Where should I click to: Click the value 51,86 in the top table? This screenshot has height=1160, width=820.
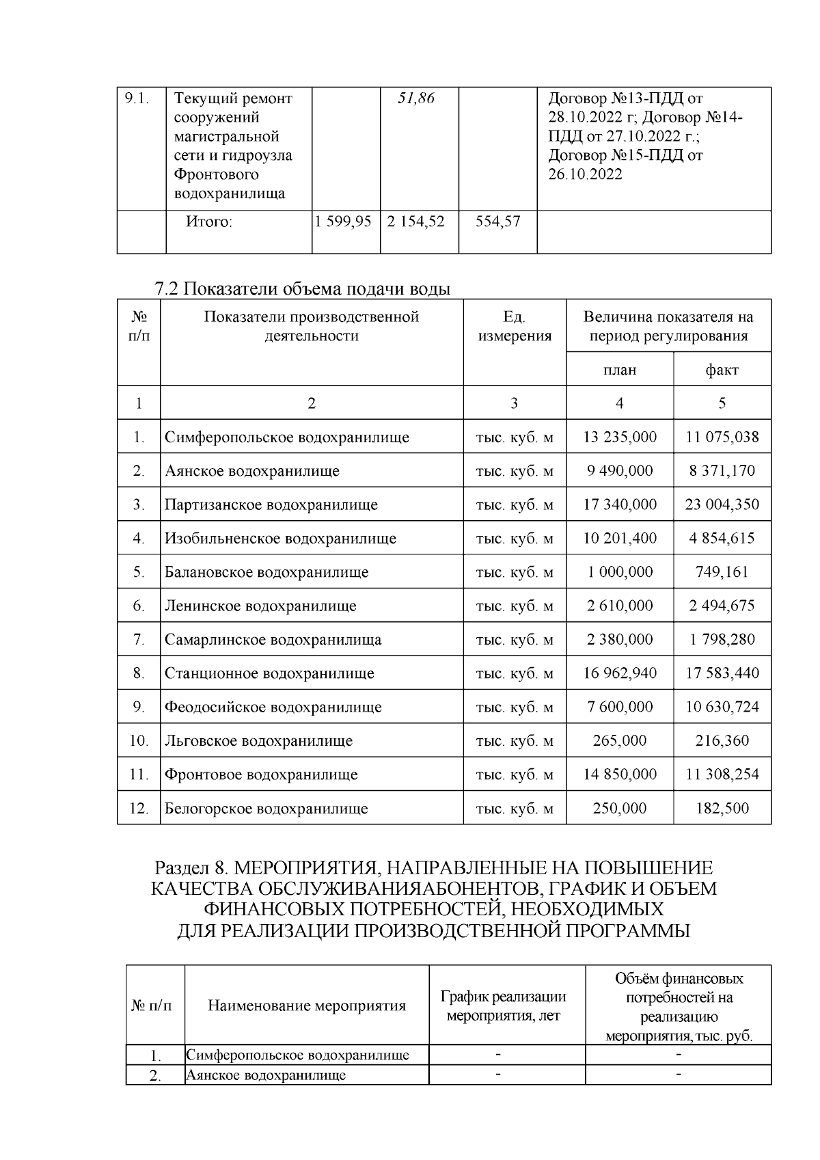[416, 98]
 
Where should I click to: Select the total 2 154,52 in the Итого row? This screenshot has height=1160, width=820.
[415, 221]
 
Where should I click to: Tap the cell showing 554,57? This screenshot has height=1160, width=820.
[497, 221]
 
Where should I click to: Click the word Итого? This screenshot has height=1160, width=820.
[209, 221]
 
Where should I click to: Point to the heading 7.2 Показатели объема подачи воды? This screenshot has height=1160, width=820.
[303, 289]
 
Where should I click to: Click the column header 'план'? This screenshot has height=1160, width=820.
[619, 370]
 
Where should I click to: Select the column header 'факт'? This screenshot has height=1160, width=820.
[722, 370]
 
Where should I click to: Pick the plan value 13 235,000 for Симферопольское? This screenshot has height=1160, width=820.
[620, 437]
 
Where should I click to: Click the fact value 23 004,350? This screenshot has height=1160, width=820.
[722, 504]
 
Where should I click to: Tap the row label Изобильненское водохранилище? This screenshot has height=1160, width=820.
[280, 539]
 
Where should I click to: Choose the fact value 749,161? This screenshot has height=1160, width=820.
[722, 572]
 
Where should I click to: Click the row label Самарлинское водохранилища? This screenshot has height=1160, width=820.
[273, 640]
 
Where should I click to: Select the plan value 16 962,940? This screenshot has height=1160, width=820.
[620, 673]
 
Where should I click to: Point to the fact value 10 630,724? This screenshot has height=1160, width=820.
[722, 707]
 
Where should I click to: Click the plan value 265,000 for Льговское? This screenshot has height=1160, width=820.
[620, 741]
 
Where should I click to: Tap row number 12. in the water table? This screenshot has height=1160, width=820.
[139, 809]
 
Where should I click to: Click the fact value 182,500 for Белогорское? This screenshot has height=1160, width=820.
[722, 809]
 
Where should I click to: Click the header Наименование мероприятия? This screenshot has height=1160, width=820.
[306, 1006]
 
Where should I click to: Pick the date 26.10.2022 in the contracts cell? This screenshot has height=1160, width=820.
[586, 174]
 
